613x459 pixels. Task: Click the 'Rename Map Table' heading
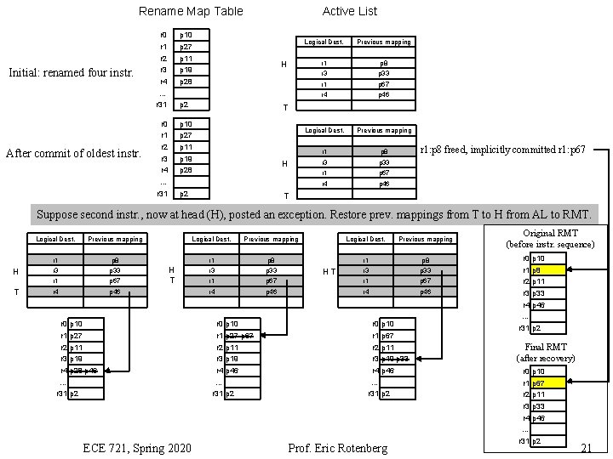pos(191,11)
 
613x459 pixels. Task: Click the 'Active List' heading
pos(349,11)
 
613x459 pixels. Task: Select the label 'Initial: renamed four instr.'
pos(71,72)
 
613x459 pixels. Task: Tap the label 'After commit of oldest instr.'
pos(73,154)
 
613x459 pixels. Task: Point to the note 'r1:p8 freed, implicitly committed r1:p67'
pos(504,150)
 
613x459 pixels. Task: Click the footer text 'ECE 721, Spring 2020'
pos(137,448)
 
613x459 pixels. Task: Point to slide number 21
pos(584,448)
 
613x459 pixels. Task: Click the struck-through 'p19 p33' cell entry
pos(396,359)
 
